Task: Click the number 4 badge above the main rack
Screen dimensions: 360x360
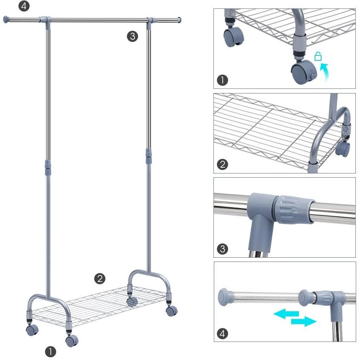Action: pos(24,6)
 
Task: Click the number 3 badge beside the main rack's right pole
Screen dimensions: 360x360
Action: pos(132,36)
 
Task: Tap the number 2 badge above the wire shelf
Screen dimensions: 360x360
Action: pos(100,279)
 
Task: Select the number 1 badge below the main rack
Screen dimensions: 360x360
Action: pos(50,352)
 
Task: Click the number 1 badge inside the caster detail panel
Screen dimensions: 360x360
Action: pos(222,80)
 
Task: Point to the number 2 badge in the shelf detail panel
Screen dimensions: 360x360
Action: pos(222,164)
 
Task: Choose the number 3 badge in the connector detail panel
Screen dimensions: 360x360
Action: pos(222,249)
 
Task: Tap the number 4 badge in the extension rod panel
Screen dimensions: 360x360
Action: pos(222,333)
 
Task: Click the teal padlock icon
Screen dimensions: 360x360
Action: pos(318,56)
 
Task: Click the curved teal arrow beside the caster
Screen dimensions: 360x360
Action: pos(325,72)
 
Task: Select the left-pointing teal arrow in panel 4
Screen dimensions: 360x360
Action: pos(286,314)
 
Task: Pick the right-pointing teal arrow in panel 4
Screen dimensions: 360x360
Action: pos(304,321)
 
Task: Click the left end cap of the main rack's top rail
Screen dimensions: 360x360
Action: pos(6,20)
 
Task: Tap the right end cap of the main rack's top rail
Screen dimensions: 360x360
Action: pos(179,20)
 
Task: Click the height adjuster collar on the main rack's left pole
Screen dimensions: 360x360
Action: pos(48,168)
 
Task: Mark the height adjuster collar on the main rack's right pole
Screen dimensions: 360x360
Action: pos(148,156)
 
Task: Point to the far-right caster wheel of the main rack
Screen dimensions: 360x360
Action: pos(172,311)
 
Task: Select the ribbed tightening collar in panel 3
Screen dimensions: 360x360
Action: pos(295,210)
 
